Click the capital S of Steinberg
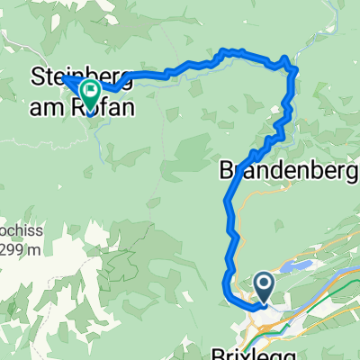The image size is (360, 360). [x=40, y=75]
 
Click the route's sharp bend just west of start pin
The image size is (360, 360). [x=226, y=286]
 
